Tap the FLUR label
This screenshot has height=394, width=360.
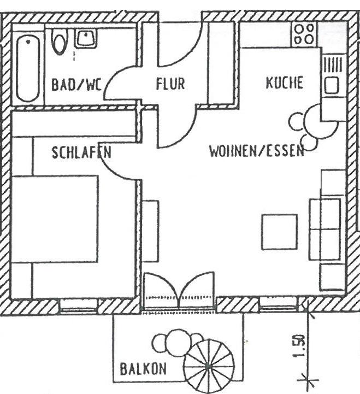coord(170,84)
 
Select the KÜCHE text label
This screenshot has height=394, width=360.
coord(284,83)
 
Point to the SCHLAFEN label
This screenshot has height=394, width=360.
coord(81,152)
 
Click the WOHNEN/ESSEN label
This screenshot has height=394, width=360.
coord(256,151)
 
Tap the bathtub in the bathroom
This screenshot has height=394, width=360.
coord(27,68)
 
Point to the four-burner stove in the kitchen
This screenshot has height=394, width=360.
coord(304,34)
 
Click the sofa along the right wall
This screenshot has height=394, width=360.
coord(326,230)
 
